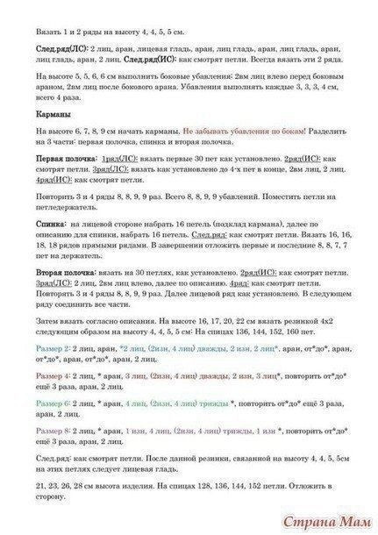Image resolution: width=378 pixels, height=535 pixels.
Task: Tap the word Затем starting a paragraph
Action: coord(49,322)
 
